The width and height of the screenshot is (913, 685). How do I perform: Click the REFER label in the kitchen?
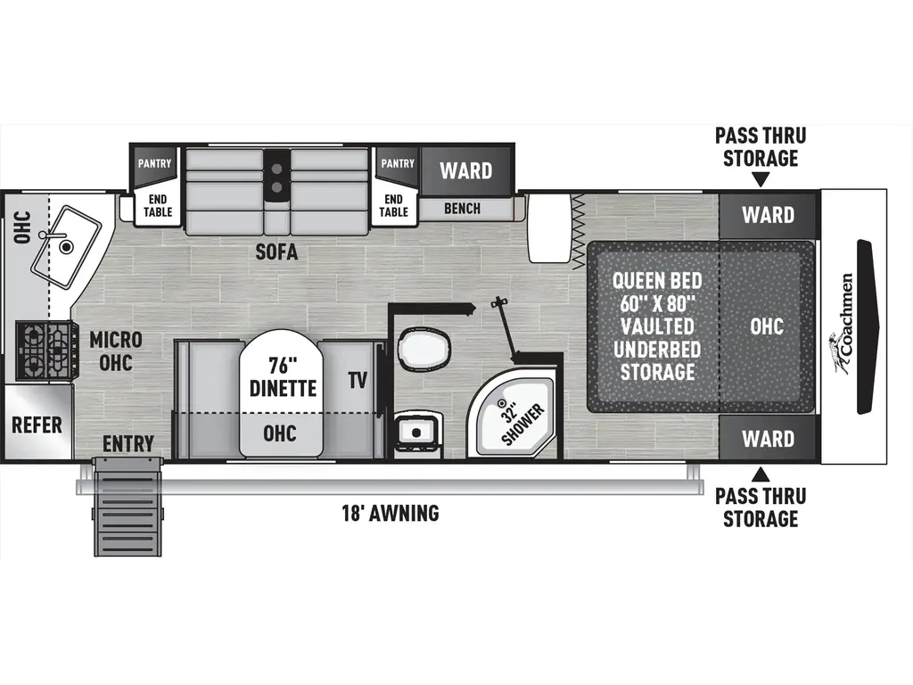tap(37, 424)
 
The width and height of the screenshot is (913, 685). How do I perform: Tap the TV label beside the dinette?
tap(358, 382)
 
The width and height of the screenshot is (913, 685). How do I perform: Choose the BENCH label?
tap(462, 209)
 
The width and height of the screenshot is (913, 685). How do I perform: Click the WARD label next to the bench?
tap(466, 169)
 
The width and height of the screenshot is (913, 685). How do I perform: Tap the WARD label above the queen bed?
tap(768, 215)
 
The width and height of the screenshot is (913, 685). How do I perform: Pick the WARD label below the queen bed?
tap(768, 439)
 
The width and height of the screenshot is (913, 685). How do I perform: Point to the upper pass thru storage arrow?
tap(761, 180)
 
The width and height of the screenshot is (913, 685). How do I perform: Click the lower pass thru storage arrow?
tap(761, 473)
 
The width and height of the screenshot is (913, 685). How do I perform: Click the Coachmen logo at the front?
tap(842, 325)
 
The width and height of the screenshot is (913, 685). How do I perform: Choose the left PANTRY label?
tap(153, 164)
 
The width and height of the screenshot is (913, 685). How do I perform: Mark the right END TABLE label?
tap(394, 205)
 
